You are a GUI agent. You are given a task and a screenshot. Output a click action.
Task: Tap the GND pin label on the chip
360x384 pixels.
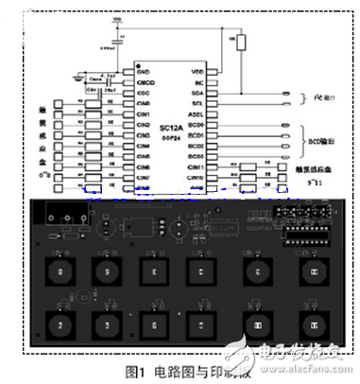pos(145,71)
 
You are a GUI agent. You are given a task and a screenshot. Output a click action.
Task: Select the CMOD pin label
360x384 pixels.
pos(146,82)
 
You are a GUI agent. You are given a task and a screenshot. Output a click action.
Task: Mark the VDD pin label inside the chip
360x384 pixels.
pos(197,71)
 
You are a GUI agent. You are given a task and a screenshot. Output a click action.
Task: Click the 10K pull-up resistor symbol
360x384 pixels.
pos(240,42)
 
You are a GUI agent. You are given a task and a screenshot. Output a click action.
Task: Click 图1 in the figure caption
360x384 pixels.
pos(133,371)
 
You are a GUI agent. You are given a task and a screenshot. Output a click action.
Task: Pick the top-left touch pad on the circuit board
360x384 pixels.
pos(62,272)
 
